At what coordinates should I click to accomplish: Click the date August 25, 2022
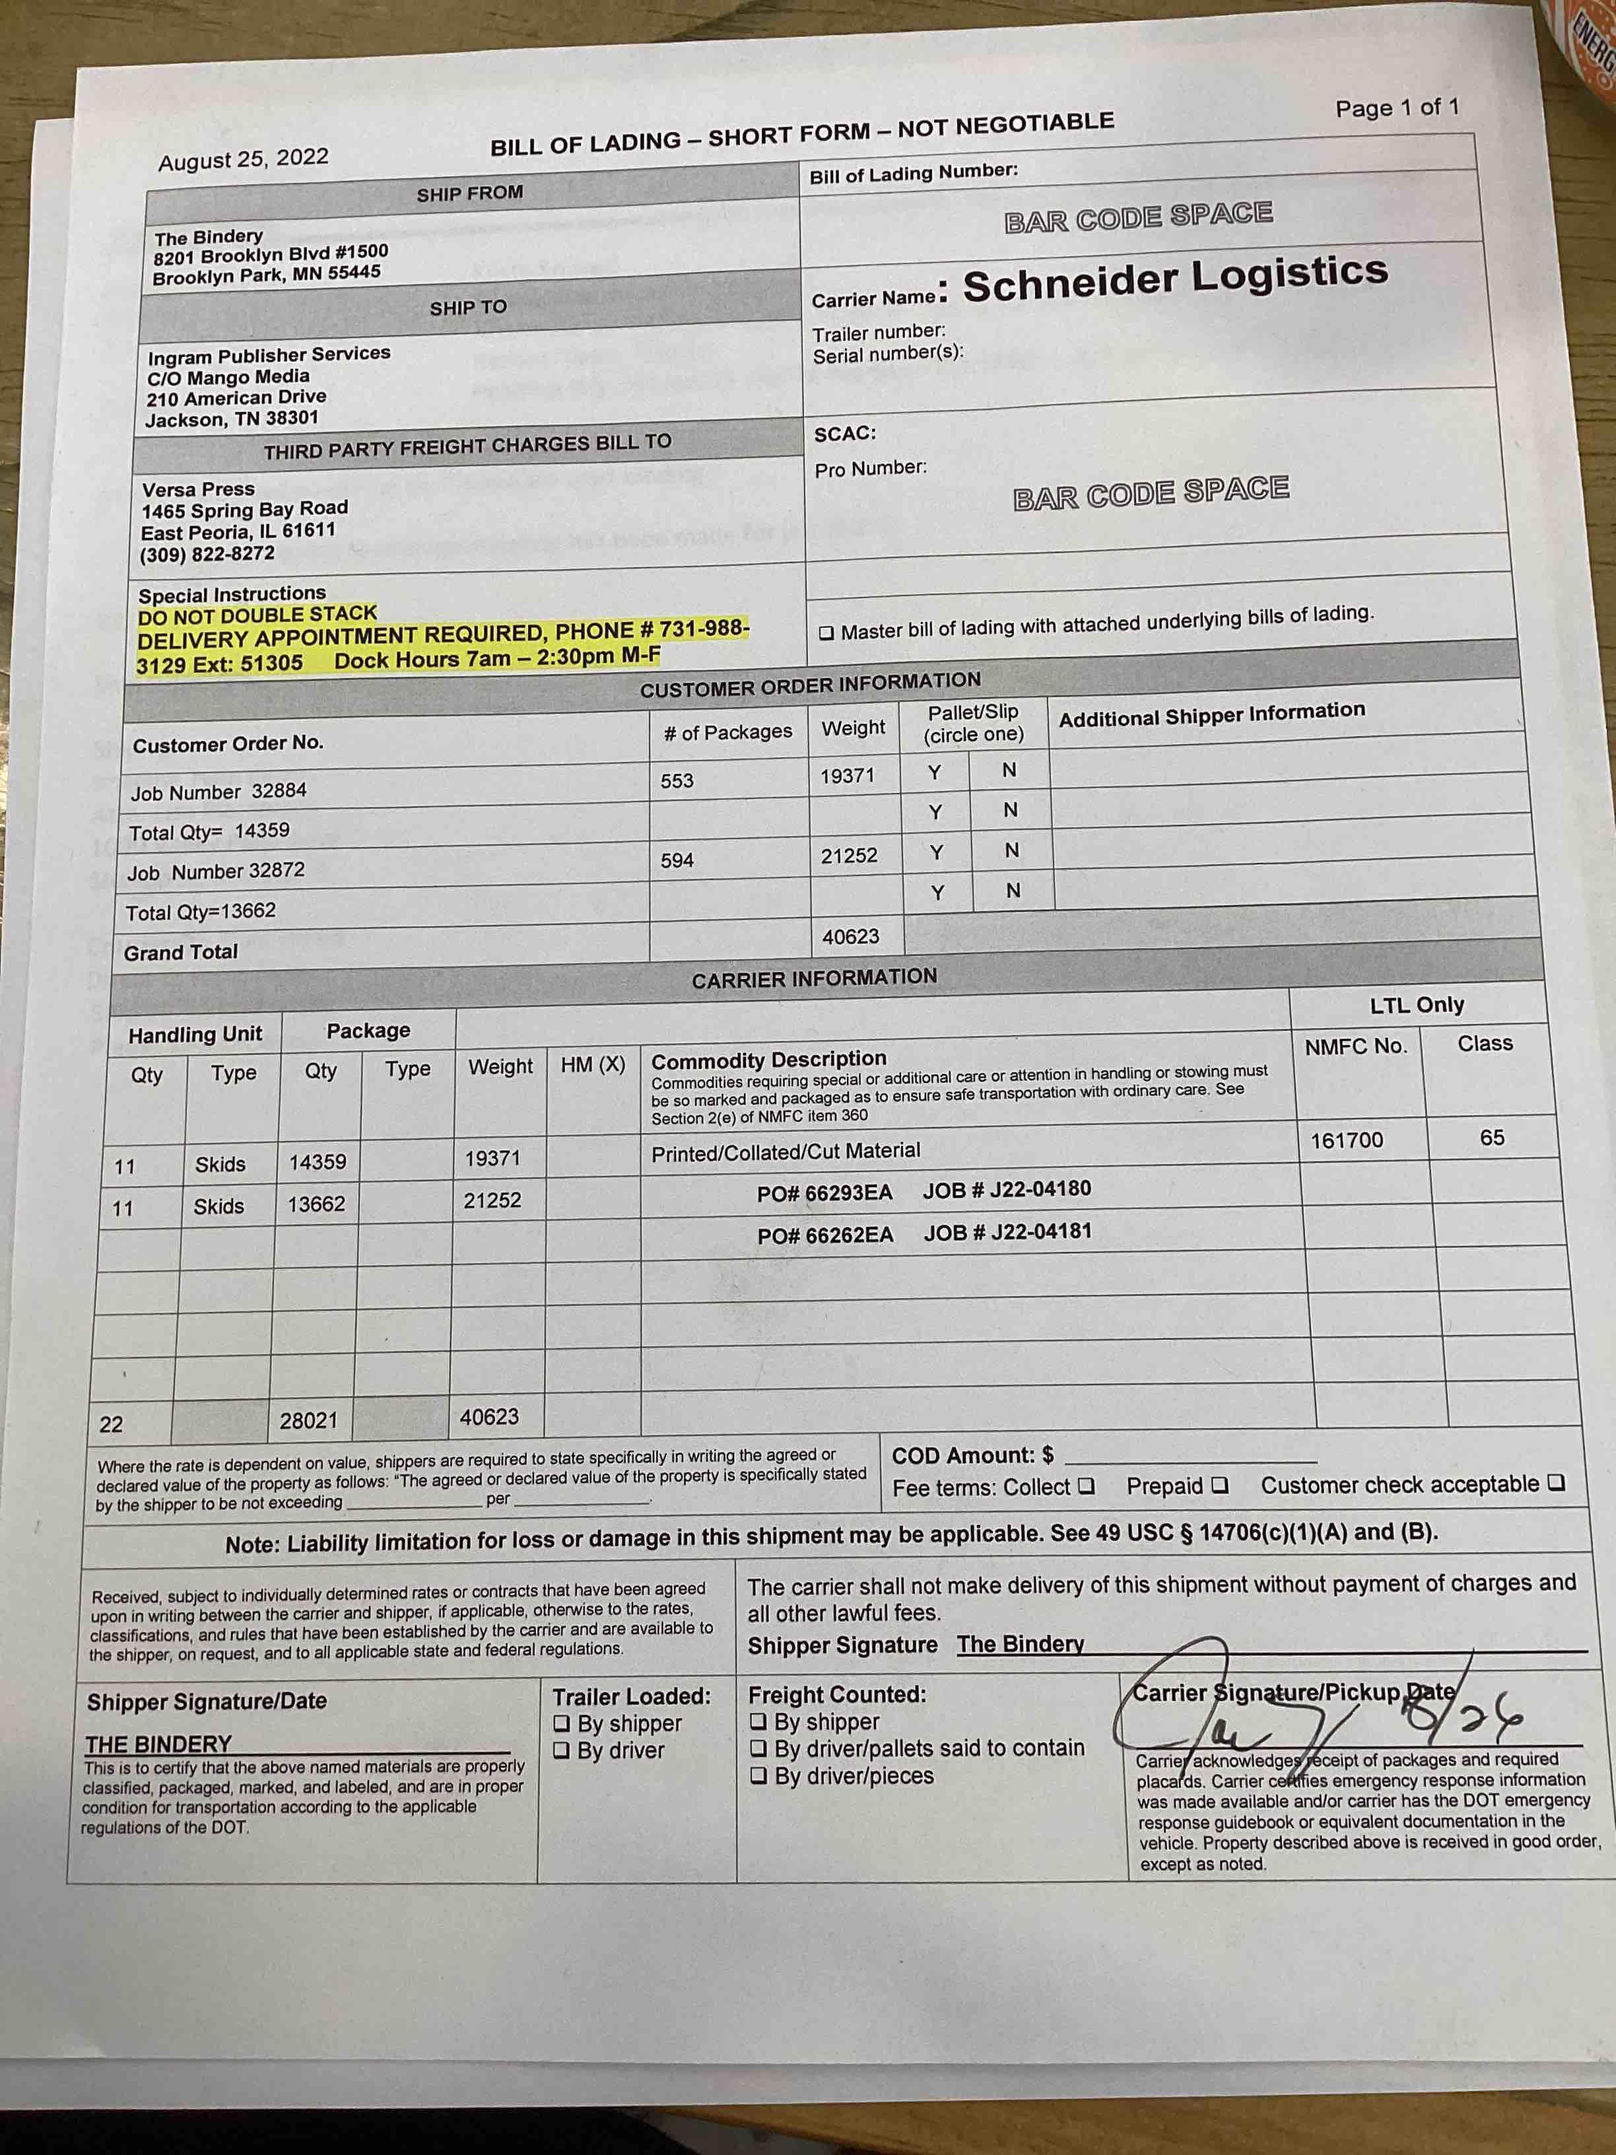coord(244,160)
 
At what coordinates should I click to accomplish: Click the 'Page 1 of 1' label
coord(1397,107)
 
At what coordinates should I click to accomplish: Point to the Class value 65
coord(1491,1137)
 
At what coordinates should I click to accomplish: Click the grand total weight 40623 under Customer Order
coord(850,936)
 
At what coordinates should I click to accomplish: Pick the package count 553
coord(677,780)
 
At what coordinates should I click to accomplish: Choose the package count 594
coord(677,860)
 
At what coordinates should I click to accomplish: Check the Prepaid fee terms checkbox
coord(1219,1486)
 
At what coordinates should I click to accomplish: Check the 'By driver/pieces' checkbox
coord(758,1776)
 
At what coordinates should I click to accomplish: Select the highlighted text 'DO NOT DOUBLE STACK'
coord(257,615)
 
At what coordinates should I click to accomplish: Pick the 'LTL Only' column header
coord(1417,1004)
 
